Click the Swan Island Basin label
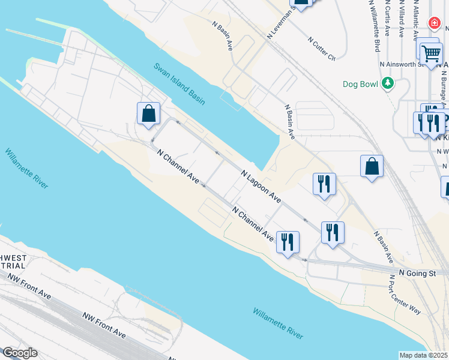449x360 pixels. coord(178,84)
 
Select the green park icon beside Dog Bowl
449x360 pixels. coord(388,83)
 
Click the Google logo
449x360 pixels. coord(19,353)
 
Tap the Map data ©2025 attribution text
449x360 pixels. coord(424,355)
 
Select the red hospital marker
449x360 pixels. coord(433,23)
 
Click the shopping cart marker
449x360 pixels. coord(430,53)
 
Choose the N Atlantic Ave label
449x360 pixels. coord(416,13)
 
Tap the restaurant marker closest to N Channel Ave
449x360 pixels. coord(288,242)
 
